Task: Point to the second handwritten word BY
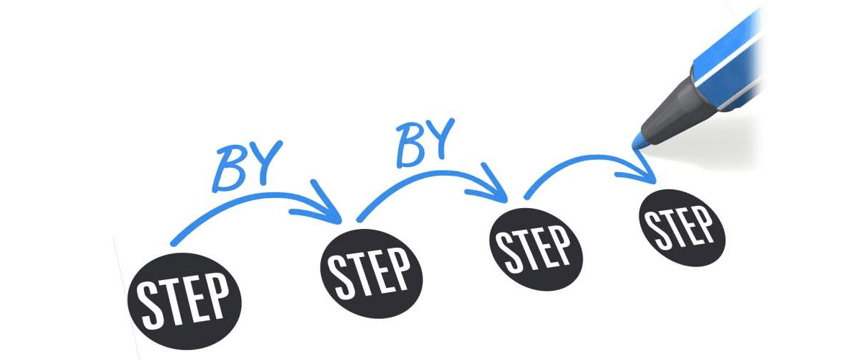pos(426,140)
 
